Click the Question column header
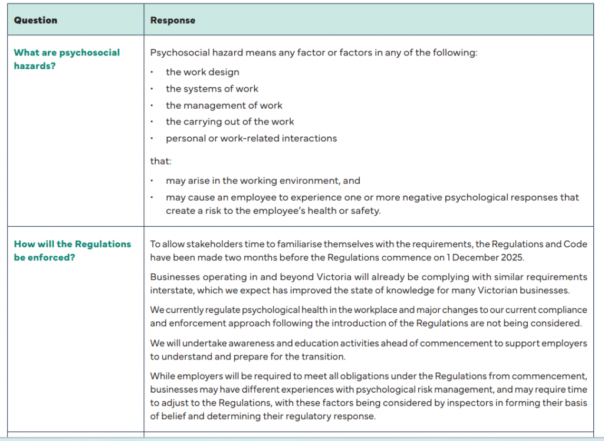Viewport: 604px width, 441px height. pyautogui.click(x=35, y=20)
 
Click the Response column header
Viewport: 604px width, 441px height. pyautogui.click(x=173, y=20)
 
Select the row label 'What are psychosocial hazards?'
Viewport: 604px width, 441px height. pyautogui.click(x=67, y=59)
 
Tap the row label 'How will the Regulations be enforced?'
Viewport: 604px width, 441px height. pyautogui.click(x=73, y=250)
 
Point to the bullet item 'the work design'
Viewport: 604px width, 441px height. pyautogui.click(x=202, y=72)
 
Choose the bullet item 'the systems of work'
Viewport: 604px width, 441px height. pyautogui.click(x=212, y=89)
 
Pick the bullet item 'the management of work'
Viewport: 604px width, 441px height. pyautogui.click(x=224, y=105)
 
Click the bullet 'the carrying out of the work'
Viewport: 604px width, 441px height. pyautogui.click(x=229, y=122)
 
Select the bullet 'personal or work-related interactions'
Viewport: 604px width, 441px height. pyautogui.click(x=251, y=138)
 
